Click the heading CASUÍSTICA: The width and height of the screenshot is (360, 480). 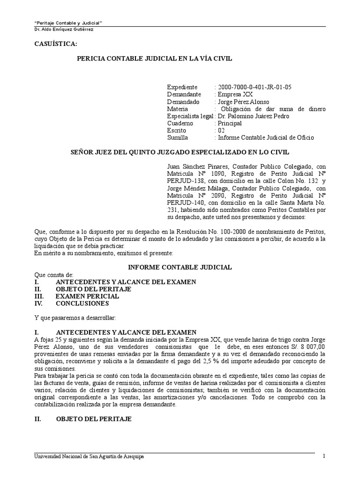(x=55, y=44)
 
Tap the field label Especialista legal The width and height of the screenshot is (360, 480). (x=189, y=116)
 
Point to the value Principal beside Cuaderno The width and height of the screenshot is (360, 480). (x=229, y=123)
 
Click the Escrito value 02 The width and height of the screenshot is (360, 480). (x=220, y=130)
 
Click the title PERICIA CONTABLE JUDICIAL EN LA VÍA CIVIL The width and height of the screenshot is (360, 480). (x=154, y=58)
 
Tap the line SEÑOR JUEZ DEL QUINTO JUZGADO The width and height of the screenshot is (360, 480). (x=180, y=152)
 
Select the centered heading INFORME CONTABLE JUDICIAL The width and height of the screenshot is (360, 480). (x=180, y=267)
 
